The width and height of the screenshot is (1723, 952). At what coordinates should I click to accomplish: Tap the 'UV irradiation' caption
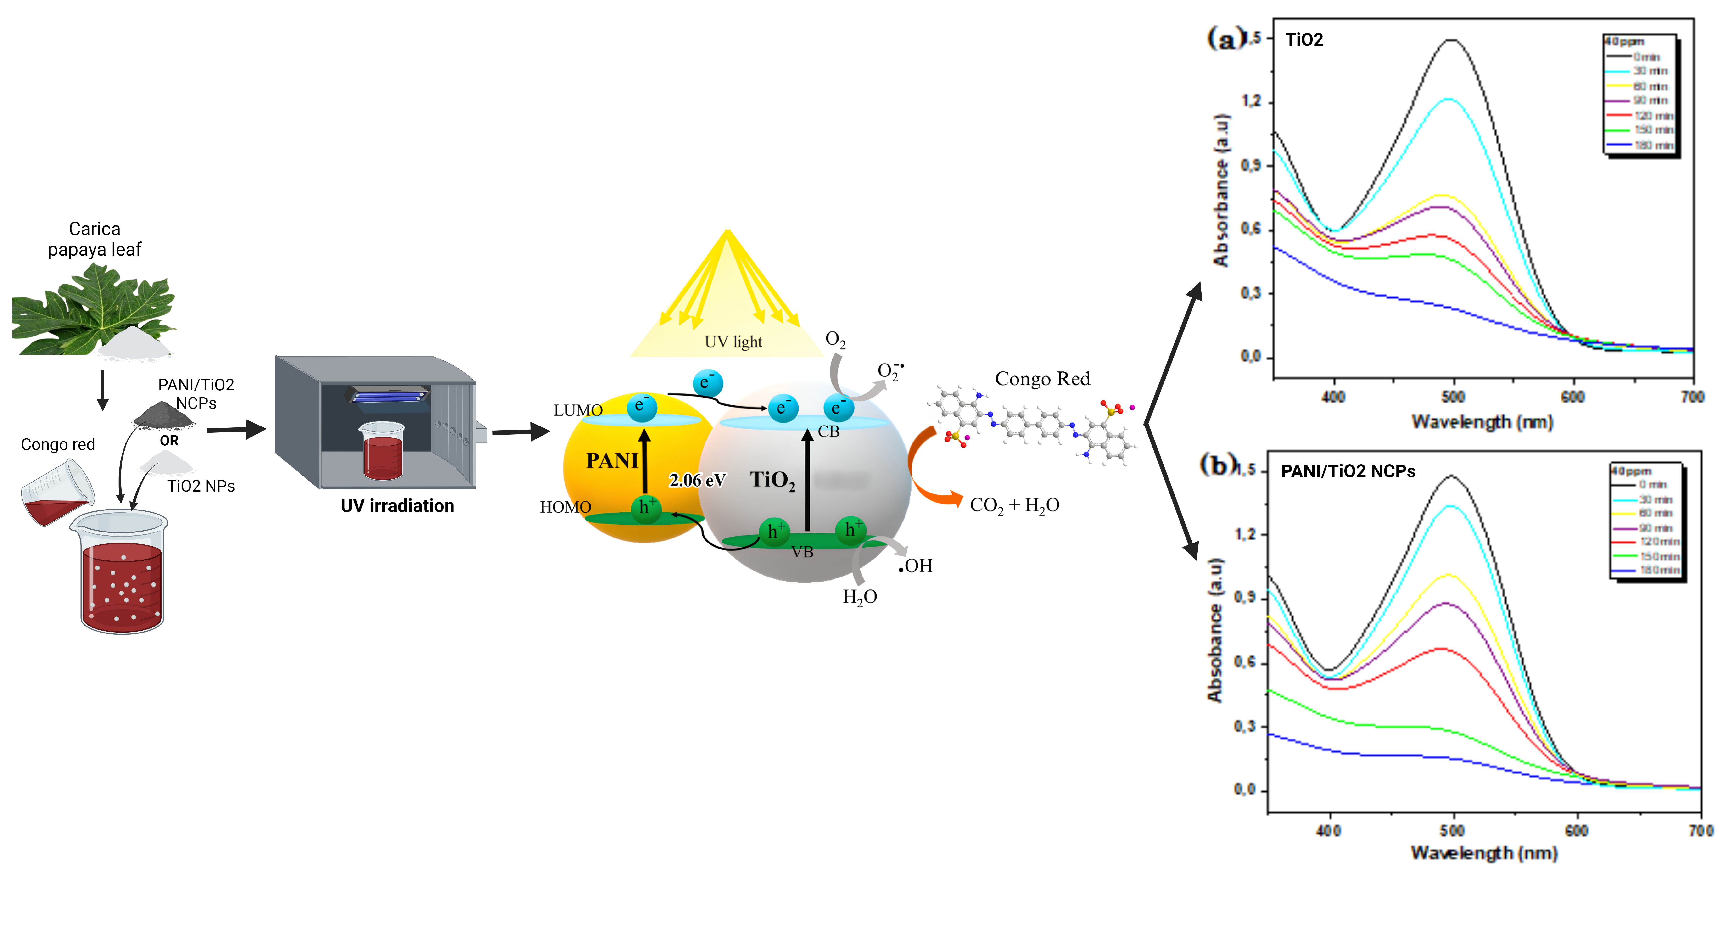397,506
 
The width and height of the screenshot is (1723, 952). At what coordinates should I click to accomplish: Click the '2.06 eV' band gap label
697,480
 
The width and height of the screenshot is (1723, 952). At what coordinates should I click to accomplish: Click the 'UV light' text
733,342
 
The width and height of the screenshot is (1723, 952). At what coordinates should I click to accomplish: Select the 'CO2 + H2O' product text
1014,505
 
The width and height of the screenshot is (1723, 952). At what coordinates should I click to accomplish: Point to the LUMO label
578,410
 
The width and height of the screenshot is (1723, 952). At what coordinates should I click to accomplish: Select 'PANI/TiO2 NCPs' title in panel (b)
1348,472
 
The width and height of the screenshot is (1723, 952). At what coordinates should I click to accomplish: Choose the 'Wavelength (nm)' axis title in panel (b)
1483,853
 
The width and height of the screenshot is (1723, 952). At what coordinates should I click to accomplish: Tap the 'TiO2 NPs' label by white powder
201,486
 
